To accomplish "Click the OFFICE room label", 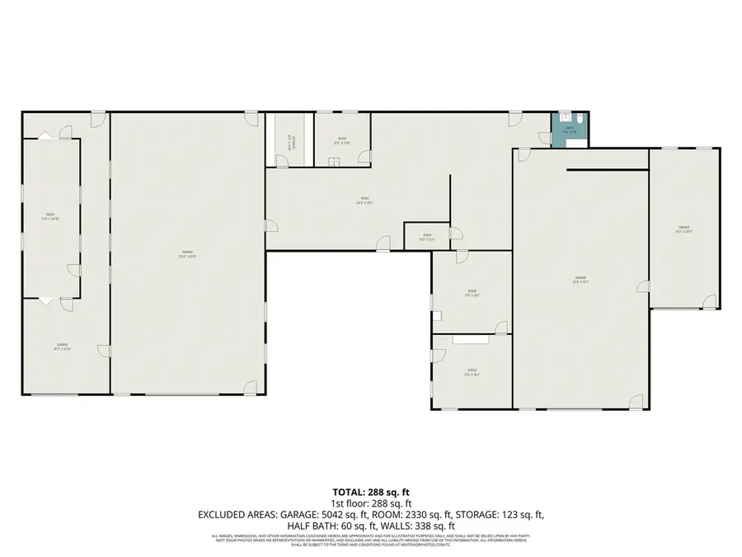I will pos(472,372).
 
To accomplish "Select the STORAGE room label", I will pos(289,144).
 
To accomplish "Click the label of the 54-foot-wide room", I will pos(364,200).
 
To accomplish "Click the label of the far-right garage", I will pos(684,229).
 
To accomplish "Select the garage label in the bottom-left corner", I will pos(63,347).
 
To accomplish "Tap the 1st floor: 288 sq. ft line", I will pos(370,503).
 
